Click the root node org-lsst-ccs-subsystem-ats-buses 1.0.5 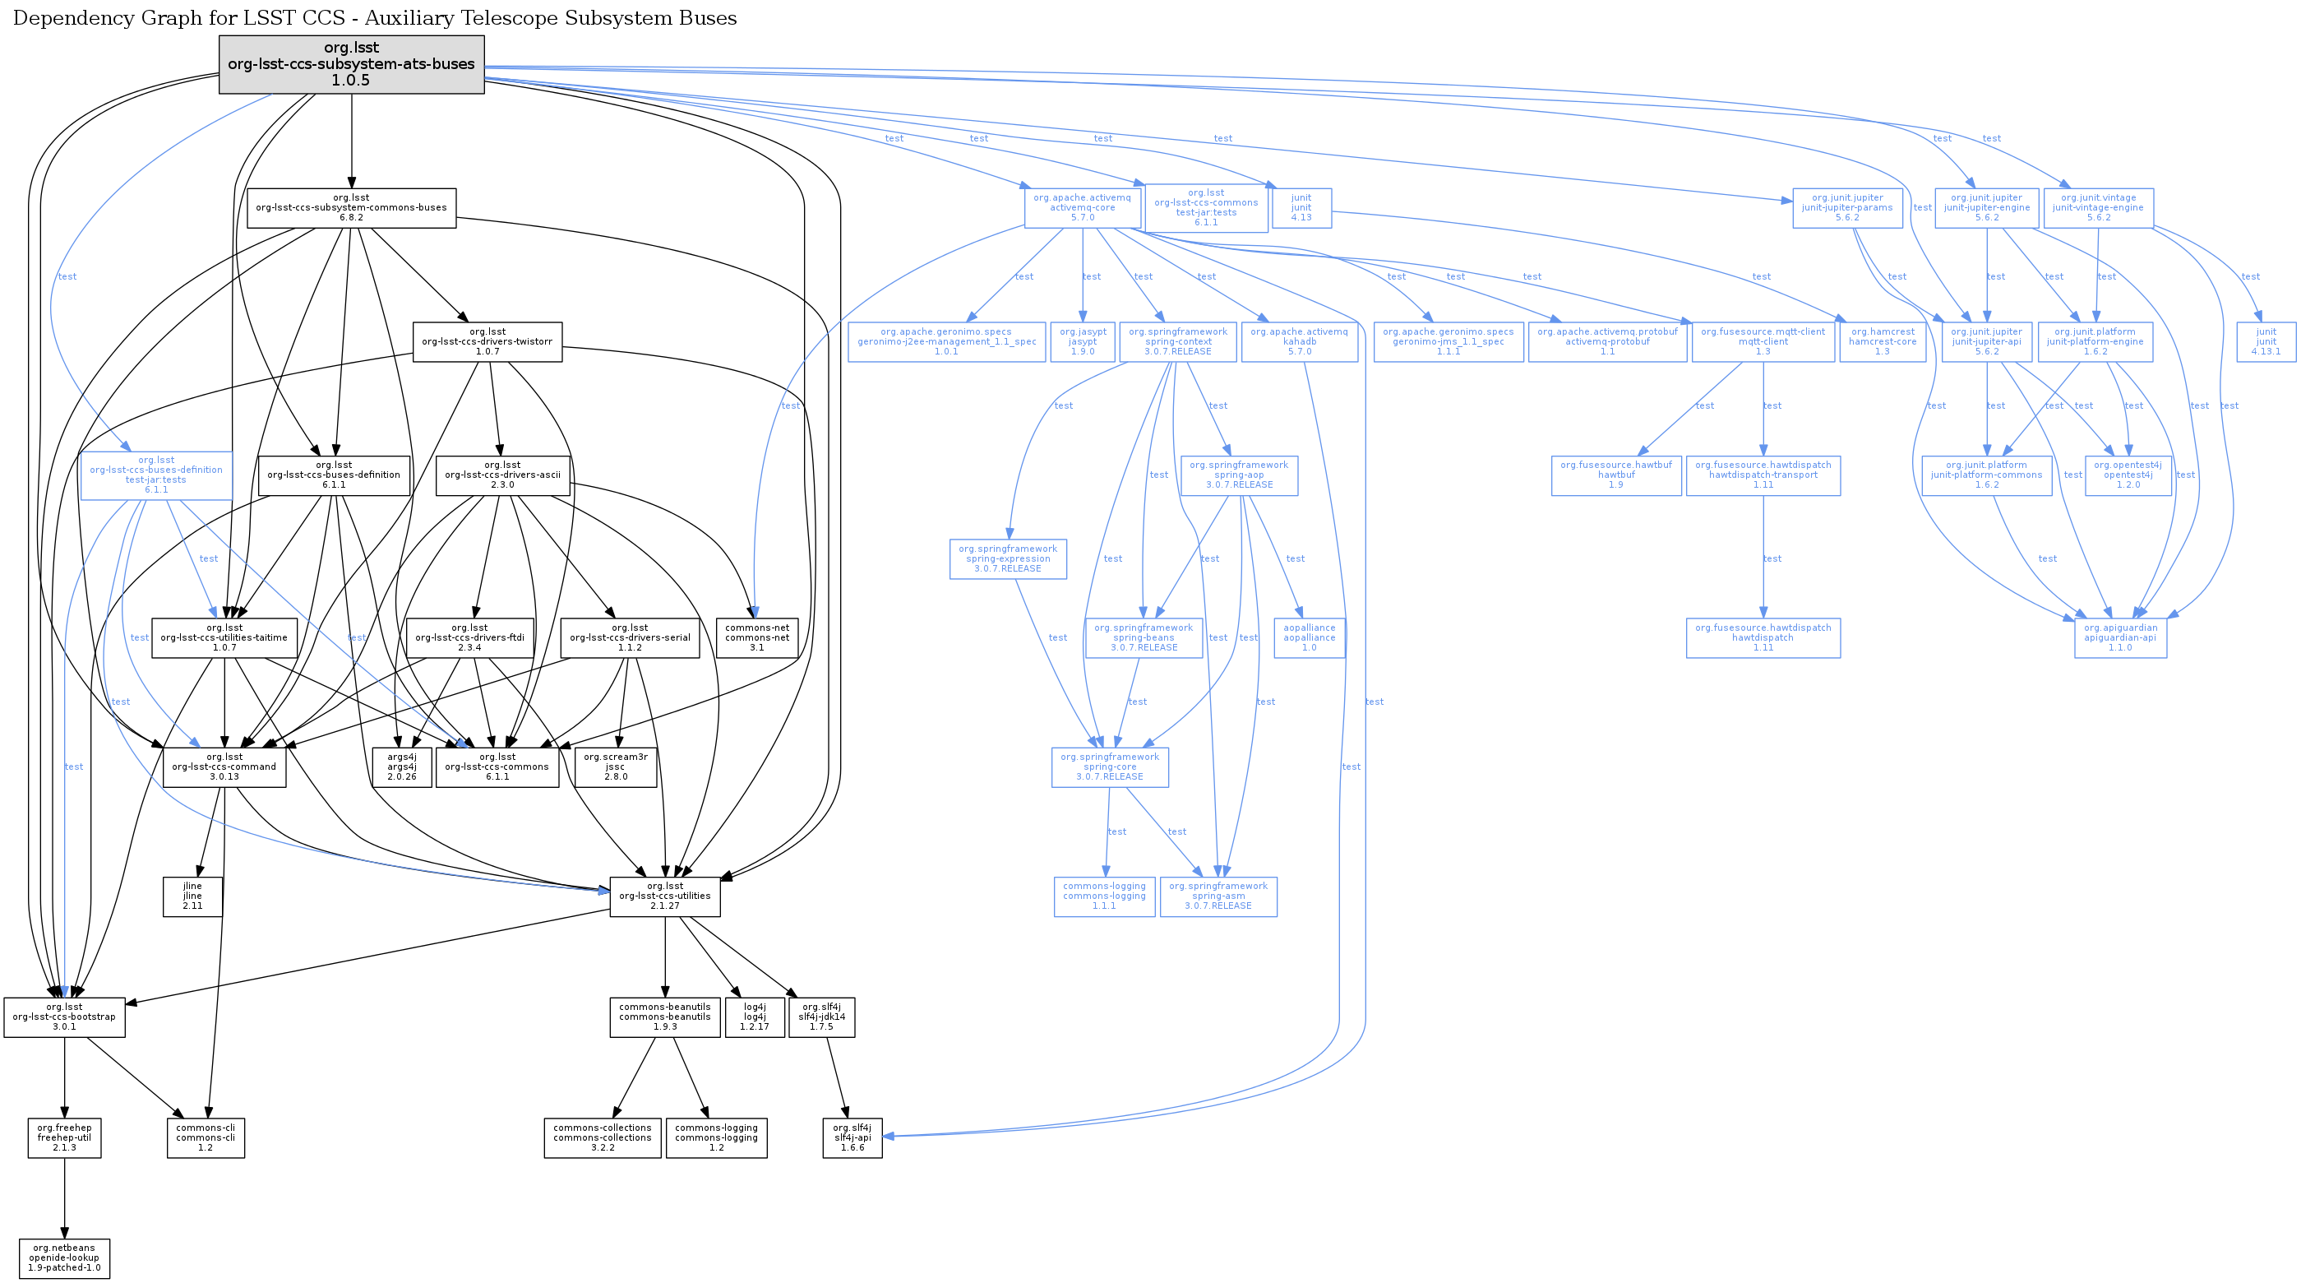351,64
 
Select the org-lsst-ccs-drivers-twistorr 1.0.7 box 487,342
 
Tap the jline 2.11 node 192,896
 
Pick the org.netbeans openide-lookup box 64,1258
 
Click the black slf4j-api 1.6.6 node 852,1137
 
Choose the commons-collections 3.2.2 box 602,1137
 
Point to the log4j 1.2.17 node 754,1017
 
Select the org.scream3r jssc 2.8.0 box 616,767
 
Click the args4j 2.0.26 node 402,767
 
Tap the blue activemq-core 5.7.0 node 1082,207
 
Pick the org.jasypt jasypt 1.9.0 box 1083,342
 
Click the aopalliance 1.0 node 1309,638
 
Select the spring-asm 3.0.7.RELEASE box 1217,896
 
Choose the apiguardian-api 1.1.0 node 2119,638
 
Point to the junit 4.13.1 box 2266,342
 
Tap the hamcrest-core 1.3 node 1882,342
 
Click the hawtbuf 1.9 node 1616,475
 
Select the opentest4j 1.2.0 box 2128,475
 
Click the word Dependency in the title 71,19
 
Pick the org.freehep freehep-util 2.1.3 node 64,1137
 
